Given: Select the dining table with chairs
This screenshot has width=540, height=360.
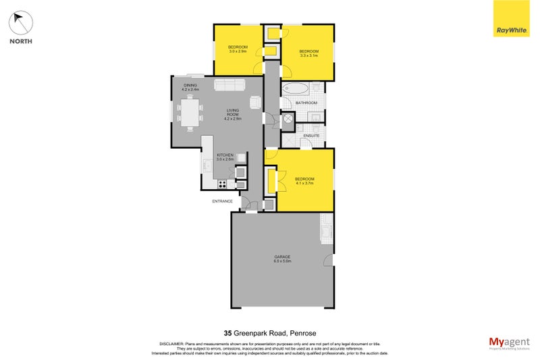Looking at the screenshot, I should (x=190, y=113).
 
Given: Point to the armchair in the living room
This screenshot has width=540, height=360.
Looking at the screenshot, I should (x=255, y=103).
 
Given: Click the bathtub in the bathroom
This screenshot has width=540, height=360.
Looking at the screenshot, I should (x=296, y=89).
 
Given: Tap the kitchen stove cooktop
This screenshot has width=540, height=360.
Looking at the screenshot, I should (x=221, y=183).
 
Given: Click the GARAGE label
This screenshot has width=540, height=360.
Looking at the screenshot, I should (x=282, y=257).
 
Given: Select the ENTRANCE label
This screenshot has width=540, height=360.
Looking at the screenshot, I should (x=222, y=201).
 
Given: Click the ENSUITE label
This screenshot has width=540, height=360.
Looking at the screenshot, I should (x=311, y=135).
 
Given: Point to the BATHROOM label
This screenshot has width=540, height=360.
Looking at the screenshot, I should (x=308, y=103).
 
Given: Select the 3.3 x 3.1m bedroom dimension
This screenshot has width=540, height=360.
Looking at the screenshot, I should (x=308, y=56).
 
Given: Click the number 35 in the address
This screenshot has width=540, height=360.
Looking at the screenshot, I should (x=229, y=332).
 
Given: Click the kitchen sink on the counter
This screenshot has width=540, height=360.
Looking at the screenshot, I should (x=207, y=163).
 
